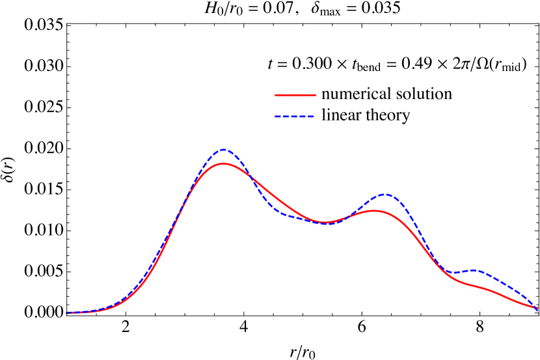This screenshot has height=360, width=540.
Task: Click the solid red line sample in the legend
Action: point(295,95)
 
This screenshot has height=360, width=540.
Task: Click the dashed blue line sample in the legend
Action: point(295,117)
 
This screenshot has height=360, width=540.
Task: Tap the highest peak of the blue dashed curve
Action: point(224,150)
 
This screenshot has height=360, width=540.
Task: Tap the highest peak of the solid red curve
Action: point(224,163)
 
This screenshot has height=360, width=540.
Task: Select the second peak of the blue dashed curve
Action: point(385,194)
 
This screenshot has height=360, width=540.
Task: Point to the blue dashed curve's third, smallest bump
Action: point(475,270)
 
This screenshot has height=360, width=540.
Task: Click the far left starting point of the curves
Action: point(68,312)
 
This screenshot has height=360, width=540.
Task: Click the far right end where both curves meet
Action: point(537,308)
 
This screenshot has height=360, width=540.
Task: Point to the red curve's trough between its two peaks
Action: point(325,223)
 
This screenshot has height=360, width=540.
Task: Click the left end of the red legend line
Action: point(276,95)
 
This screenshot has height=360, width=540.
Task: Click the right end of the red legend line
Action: point(315,95)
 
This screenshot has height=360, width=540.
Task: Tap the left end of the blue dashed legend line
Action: point(276,117)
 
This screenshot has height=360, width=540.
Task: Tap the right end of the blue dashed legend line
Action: point(314,117)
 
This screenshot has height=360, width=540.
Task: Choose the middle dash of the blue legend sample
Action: point(295,117)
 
